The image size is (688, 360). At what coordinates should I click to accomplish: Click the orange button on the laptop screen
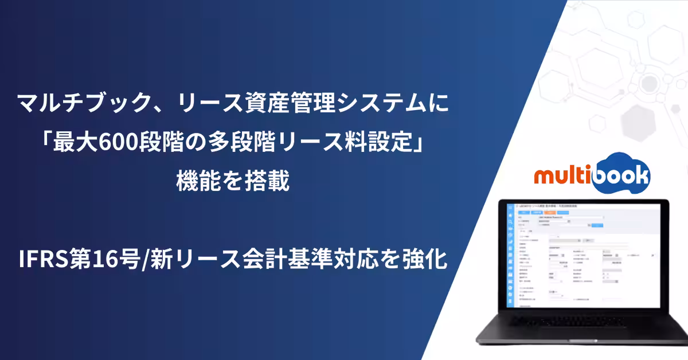coord(551,211)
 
